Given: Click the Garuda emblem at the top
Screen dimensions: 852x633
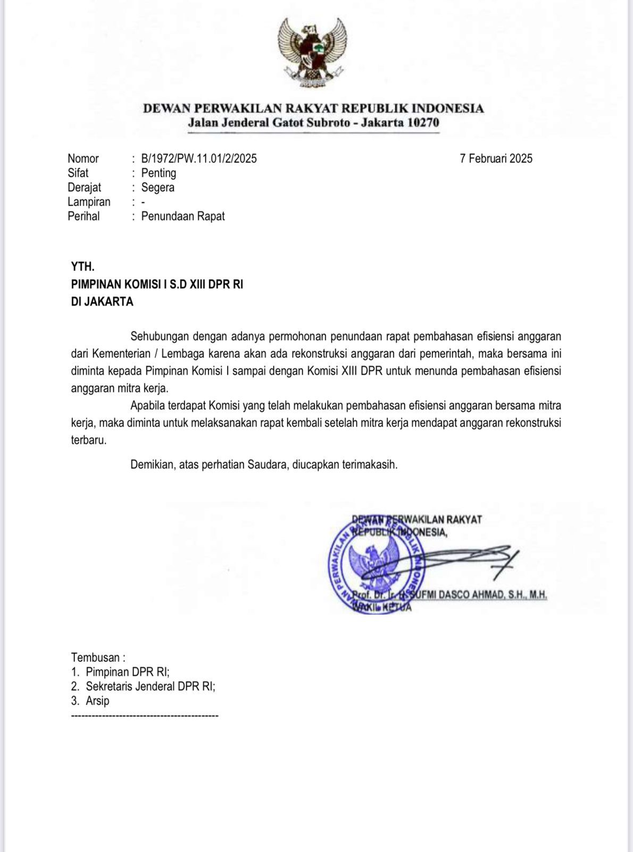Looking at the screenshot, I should click(312, 52).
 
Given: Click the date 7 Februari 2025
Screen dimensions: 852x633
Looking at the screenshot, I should click(496, 159).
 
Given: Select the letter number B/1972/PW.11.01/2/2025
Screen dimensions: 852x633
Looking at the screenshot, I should click(199, 159).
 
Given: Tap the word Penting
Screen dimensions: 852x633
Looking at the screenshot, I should click(159, 173).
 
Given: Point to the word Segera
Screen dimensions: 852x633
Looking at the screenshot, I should click(157, 187).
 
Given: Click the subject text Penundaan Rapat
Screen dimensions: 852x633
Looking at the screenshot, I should click(183, 216).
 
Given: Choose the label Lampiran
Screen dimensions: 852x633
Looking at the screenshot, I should click(89, 202).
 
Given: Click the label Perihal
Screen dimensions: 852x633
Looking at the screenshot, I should click(84, 216).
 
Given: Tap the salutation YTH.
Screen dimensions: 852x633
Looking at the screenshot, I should click(82, 267).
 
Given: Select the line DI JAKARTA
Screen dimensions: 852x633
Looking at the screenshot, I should click(102, 302).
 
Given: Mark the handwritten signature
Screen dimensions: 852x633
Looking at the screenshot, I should click(468, 559).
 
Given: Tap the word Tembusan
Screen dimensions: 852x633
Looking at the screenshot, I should click(96, 658).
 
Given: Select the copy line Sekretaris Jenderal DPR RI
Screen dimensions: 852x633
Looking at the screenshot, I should click(150, 686).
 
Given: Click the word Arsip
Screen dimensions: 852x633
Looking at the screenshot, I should click(97, 701).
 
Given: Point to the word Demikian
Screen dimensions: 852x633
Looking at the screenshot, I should click(153, 464).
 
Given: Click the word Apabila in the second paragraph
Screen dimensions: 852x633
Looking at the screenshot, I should click(147, 406).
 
